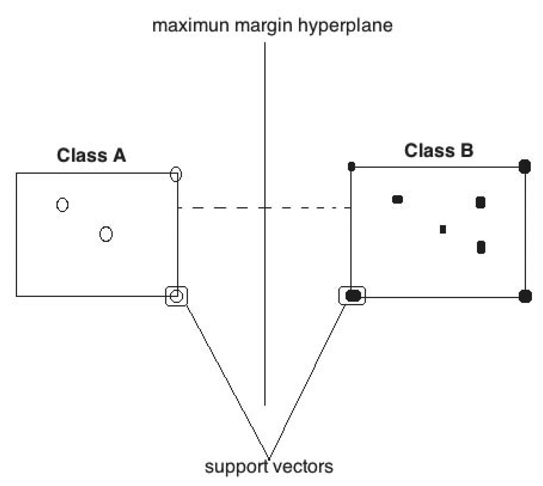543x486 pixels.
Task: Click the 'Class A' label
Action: [x=91, y=155]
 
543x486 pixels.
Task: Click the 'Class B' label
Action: [x=438, y=151]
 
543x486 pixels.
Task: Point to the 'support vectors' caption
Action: [x=269, y=467]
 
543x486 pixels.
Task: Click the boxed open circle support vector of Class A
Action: [x=176, y=296]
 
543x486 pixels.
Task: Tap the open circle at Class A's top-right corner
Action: [x=176, y=174]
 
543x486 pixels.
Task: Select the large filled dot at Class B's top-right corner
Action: [x=524, y=167]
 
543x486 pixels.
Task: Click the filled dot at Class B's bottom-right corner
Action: [x=525, y=296]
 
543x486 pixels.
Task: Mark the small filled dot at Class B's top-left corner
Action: [x=351, y=167]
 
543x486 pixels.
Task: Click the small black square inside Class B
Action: [x=443, y=229]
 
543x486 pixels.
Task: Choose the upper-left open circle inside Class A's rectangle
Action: [x=62, y=205]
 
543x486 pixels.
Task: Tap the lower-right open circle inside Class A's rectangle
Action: [x=106, y=234]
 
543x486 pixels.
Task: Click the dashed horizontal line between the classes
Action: [x=224, y=208]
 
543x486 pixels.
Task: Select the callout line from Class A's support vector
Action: [x=227, y=379]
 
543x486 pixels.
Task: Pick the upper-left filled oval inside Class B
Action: [x=397, y=199]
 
